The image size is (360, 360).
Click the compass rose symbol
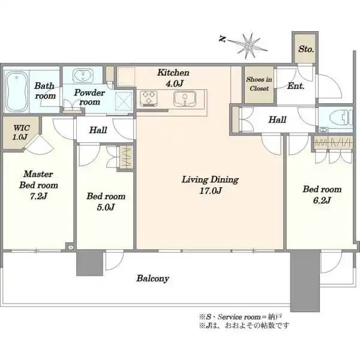pos(248,46)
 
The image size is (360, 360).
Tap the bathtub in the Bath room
pos(16,92)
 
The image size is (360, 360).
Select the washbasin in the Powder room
pos(83,76)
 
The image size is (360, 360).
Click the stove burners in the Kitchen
pos(149,98)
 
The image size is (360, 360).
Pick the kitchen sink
pos(185,98)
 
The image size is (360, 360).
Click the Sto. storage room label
pos(306,49)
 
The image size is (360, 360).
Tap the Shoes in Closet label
pos(259,84)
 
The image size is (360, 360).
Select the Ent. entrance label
pos(296,86)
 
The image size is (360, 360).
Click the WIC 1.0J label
pos(21,133)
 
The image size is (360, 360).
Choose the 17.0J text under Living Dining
pos(210,191)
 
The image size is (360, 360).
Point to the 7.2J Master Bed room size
pos(38,196)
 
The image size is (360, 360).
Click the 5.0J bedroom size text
pos(106,208)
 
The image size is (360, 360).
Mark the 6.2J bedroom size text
pos(322,200)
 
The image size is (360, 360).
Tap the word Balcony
pos(152,278)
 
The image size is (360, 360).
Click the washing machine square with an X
pos(124,102)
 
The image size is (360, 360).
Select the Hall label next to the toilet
pos(277,119)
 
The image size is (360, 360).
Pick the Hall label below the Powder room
pos(98,130)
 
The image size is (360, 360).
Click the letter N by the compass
pos(222,39)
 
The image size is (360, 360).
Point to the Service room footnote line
pos(241,317)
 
